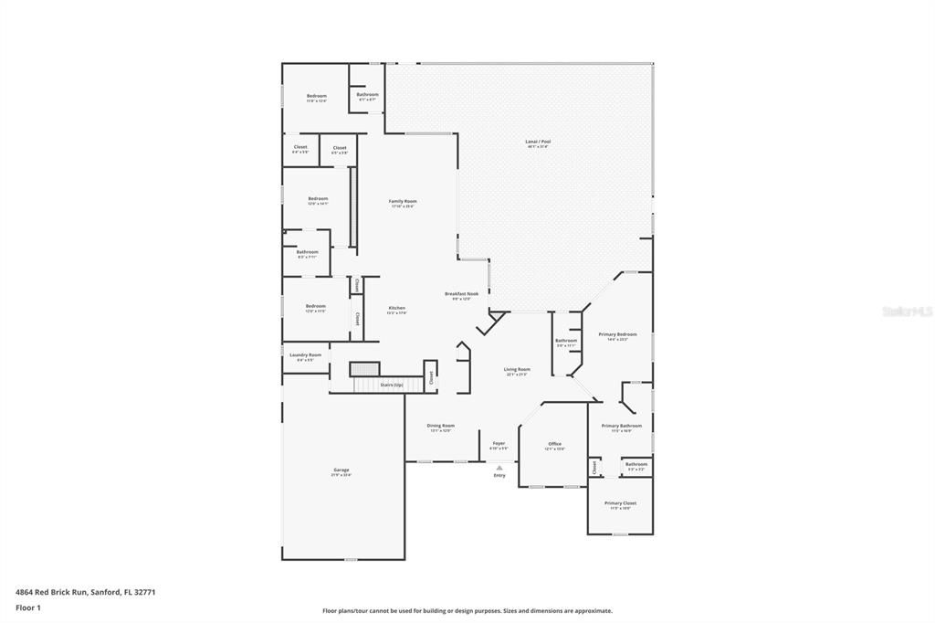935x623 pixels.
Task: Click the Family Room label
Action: click(x=403, y=201)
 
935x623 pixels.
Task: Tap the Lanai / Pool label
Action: click(x=538, y=143)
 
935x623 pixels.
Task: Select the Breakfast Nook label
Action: click(x=461, y=294)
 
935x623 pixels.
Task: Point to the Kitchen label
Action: click(x=397, y=308)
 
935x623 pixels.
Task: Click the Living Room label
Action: click(x=517, y=370)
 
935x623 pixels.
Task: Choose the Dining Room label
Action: click(x=441, y=426)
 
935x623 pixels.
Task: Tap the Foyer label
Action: click(x=499, y=444)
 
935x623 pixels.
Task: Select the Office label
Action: click(x=554, y=444)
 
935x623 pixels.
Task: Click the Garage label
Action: click(x=341, y=470)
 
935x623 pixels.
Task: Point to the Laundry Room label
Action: click(x=305, y=355)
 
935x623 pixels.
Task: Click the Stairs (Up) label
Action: click(x=392, y=385)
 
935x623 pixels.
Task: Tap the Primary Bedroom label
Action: click(x=617, y=334)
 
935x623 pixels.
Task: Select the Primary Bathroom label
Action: click(x=621, y=426)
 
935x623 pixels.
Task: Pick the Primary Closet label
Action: click(x=620, y=503)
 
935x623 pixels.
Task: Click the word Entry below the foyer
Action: click(x=499, y=475)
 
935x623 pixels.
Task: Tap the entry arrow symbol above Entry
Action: click(x=499, y=466)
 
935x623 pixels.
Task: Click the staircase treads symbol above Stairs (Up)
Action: click(x=364, y=369)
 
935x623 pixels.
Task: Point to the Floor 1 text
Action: click(x=26, y=607)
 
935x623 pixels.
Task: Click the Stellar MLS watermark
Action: click(x=907, y=311)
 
